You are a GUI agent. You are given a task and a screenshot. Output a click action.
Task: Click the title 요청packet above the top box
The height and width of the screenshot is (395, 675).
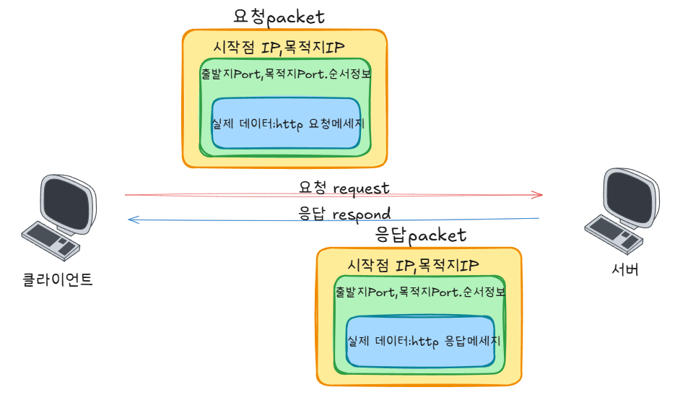tap(279, 17)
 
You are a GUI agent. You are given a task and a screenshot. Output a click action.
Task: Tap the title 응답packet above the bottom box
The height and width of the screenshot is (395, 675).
tap(420, 235)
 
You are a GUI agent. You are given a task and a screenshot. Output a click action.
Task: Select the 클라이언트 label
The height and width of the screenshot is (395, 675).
tap(57, 279)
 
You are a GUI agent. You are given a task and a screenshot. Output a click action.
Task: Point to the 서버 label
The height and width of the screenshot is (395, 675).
tap(625, 269)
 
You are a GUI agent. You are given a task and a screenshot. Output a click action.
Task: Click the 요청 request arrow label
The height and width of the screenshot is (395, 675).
tap(344, 188)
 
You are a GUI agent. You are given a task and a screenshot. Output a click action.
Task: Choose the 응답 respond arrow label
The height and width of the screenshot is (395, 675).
tap(344, 214)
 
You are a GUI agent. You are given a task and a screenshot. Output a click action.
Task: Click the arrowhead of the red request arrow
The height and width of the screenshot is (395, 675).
tap(538, 195)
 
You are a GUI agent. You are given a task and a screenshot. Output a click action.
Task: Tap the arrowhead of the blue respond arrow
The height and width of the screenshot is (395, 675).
tap(134, 220)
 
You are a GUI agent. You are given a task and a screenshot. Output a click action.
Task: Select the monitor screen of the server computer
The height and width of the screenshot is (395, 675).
tap(630, 197)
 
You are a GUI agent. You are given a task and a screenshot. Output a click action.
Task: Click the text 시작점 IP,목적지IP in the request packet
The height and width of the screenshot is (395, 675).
tap(279, 48)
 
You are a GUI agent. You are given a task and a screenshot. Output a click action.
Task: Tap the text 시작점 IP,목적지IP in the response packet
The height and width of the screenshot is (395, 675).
tap(413, 265)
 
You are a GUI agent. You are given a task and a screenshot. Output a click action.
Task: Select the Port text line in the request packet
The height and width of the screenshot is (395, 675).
tap(286, 74)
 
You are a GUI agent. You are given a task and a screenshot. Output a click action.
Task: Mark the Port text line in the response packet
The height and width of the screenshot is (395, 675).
tap(420, 292)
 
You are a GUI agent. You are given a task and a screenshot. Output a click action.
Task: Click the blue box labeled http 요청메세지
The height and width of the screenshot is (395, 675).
tap(286, 123)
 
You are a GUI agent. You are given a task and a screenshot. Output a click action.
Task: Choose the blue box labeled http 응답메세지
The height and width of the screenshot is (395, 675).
tap(421, 341)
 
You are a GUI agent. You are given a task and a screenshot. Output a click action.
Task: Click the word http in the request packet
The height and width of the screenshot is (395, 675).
tap(289, 124)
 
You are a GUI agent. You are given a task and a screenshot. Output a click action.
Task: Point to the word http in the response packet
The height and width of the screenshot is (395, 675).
tap(425, 342)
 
